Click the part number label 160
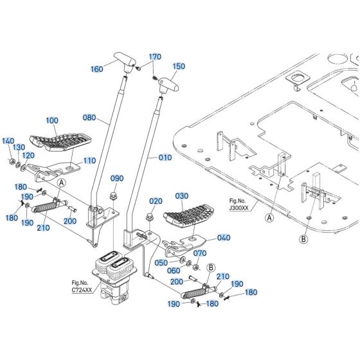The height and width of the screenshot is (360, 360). click(97, 69)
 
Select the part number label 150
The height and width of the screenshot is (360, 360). click(179, 66)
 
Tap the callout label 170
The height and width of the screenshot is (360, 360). click(155, 57)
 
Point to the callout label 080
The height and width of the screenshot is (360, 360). click(89, 118)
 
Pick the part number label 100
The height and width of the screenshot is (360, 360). click(51, 120)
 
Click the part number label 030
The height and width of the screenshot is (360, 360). click(182, 196)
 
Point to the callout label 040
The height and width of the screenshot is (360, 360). click(224, 238)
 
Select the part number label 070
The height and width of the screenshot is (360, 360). click(200, 253)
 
